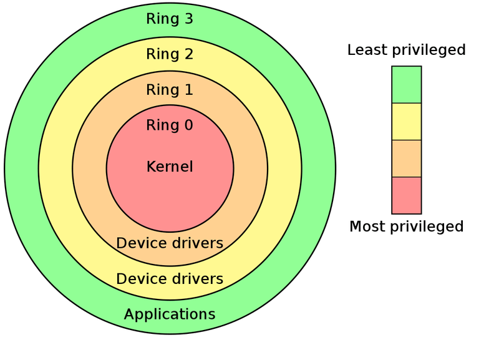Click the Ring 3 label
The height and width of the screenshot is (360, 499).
pyautogui.click(x=170, y=19)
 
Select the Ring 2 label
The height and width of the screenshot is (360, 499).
pyautogui.click(x=170, y=54)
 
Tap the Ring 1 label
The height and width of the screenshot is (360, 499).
pyautogui.click(x=170, y=90)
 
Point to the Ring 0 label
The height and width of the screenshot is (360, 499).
pyautogui.click(x=170, y=125)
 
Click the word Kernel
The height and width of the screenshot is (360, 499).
pyautogui.click(x=170, y=167)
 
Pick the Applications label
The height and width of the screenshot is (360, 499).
pyautogui.click(x=170, y=314)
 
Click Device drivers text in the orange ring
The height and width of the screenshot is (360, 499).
pyautogui.click(x=170, y=243)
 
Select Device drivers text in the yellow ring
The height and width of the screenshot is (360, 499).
pyautogui.click(x=170, y=278)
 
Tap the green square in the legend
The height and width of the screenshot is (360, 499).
pyautogui.click(x=406, y=84)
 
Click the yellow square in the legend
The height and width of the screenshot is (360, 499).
pyautogui.click(x=406, y=121)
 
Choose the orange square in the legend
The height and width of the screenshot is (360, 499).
pyautogui.click(x=406, y=158)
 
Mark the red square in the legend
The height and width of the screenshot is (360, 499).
pyautogui.click(x=406, y=195)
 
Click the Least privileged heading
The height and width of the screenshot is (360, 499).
pyautogui.click(x=407, y=50)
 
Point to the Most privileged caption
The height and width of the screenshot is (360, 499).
pyautogui.click(x=407, y=226)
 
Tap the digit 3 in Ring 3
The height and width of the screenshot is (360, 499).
pyautogui.click(x=188, y=19)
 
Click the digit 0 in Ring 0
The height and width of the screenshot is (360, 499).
pyautogui.click(x=188, y=125)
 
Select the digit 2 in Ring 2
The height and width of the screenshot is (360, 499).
pyautogui.click(x=188, y=54)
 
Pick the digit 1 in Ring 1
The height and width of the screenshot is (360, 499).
pyautogui.click(x=188, y=90)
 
